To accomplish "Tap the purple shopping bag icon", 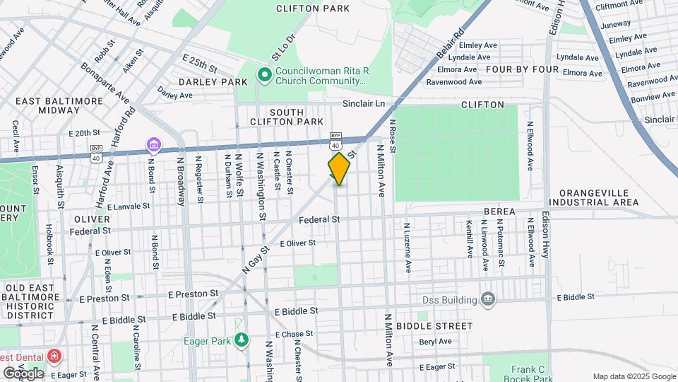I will click(x=153, y=145).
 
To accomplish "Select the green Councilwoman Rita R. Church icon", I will click(x=264, y=74).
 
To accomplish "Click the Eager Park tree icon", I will click(x=242, y=340).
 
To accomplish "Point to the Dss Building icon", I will click(x=487, y=300).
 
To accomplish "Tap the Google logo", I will click(x=23, y=373).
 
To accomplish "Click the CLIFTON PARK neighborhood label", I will click(x=303, y=9).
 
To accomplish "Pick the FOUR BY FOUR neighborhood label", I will click(x=522, y=70).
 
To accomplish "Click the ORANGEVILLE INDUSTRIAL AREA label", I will click(x=598, y=197).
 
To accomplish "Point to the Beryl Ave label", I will click(x=435, y=341).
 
